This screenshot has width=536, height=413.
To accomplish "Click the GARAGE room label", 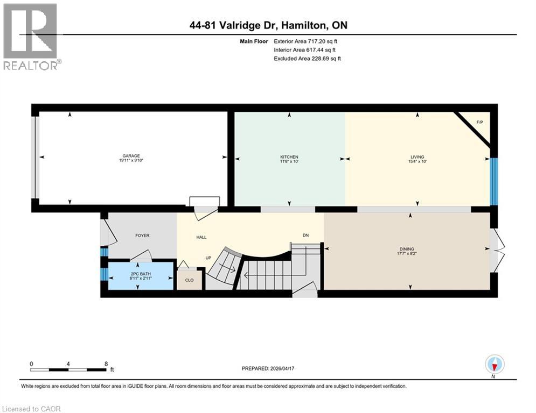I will click(x=131, y=156).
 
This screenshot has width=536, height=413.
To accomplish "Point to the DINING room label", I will click(x=407, y=249).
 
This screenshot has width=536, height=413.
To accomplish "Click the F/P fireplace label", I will click(x=479, y=123).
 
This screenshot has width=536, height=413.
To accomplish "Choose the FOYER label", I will click(x=142, y=236).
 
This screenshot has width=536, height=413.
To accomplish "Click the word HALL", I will click(x=201, y=237).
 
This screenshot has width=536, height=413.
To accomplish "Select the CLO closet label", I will click(x=189, y=280).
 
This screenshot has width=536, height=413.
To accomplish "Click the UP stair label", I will click(x=208, y=258).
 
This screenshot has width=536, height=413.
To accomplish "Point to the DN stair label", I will click(x=305, y=235).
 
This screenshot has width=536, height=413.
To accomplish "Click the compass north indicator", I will click(x=495, y=365).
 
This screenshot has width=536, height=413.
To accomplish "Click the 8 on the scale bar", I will click(x=106, y=364).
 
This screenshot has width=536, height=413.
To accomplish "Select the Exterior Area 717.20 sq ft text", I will click(x=307, y=41).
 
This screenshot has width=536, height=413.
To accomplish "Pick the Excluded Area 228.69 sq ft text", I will click(x=308, y=58).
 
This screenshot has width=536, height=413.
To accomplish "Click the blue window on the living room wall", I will click(x=493, y=182).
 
